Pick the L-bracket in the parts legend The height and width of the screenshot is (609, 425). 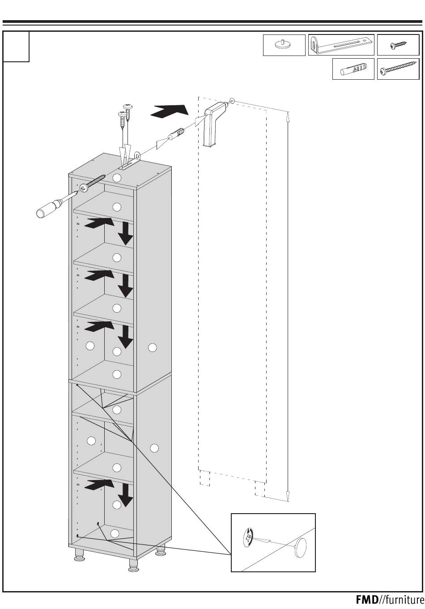(341, 45)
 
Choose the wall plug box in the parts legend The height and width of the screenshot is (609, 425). (353, 70)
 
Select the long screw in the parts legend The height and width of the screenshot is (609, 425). (398, 69)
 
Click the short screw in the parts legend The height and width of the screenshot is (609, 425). (398, 45)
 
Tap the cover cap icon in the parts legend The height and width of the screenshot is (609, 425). (284, 45)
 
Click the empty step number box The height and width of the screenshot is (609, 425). (17, 46)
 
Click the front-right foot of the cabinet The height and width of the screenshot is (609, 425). (133, 566)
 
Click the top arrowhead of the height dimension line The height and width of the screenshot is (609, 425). (288, 116)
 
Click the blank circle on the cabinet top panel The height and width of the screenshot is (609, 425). (117, 177)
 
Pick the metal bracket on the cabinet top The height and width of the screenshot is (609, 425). (129, 163)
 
